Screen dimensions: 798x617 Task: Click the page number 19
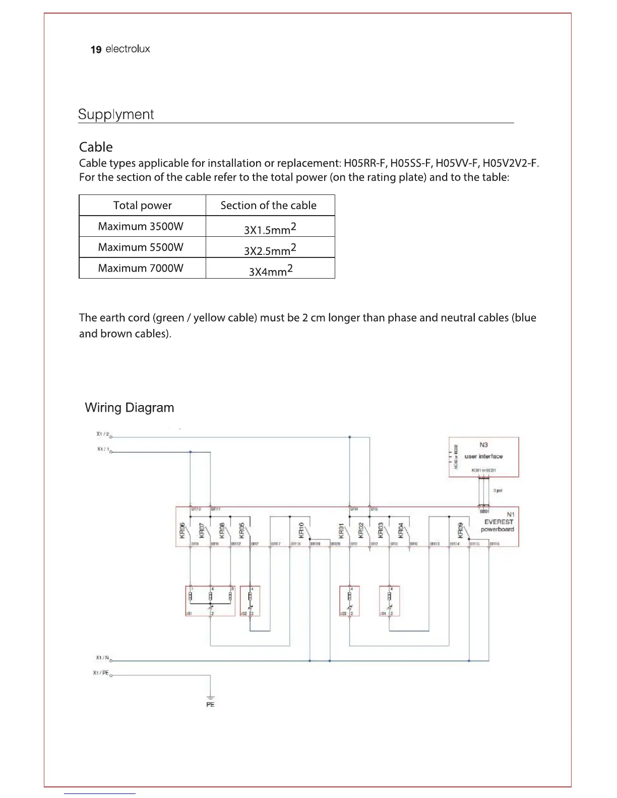(x=96, y=49)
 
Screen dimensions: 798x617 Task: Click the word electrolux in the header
(x=128, y=49)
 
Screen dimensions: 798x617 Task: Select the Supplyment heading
(x=116, y=114)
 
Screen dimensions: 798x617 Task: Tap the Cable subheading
(x=96, y=147)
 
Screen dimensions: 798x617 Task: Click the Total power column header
(x=142, y=206)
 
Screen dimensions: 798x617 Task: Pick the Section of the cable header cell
(x=268, y=206)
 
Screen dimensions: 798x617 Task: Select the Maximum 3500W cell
(x=141, y=227)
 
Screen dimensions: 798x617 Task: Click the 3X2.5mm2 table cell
(x=270, y=249)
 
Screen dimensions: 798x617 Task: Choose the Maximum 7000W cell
(x=141, y=268)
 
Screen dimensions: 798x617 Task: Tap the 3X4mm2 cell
(x=270, y=271)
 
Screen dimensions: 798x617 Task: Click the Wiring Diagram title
(x=130, y=408)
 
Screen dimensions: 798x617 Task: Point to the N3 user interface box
(x=483, y=456)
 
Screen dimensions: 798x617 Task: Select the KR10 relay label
(x=301, y=529)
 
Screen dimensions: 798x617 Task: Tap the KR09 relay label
(x=460, y=530)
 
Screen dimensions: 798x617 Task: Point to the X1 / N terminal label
(x=102, y=657)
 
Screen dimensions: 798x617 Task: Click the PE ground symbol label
(x=210, y=704)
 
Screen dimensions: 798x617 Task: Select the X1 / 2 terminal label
(x=102, y=434)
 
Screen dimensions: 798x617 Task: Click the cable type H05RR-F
(x=364, y=163)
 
